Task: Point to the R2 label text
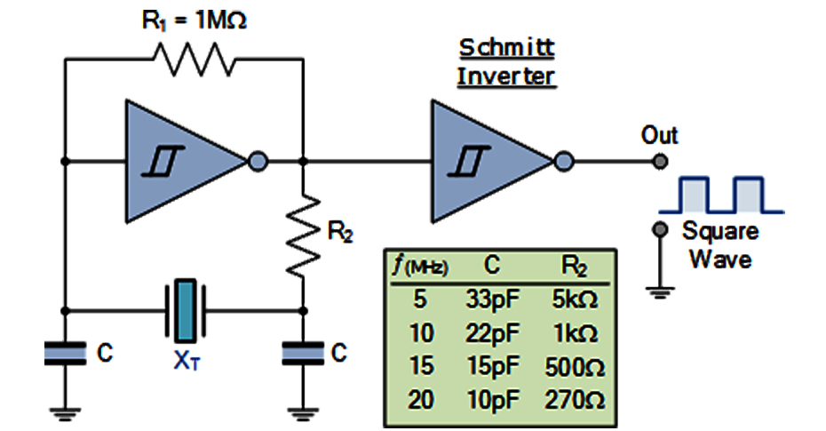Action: coord(341,234)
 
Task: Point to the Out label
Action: coord(659,135)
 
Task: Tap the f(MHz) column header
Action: coord(421,265)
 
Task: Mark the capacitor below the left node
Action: coord(65,354)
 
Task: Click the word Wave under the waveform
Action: coord(720,259)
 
